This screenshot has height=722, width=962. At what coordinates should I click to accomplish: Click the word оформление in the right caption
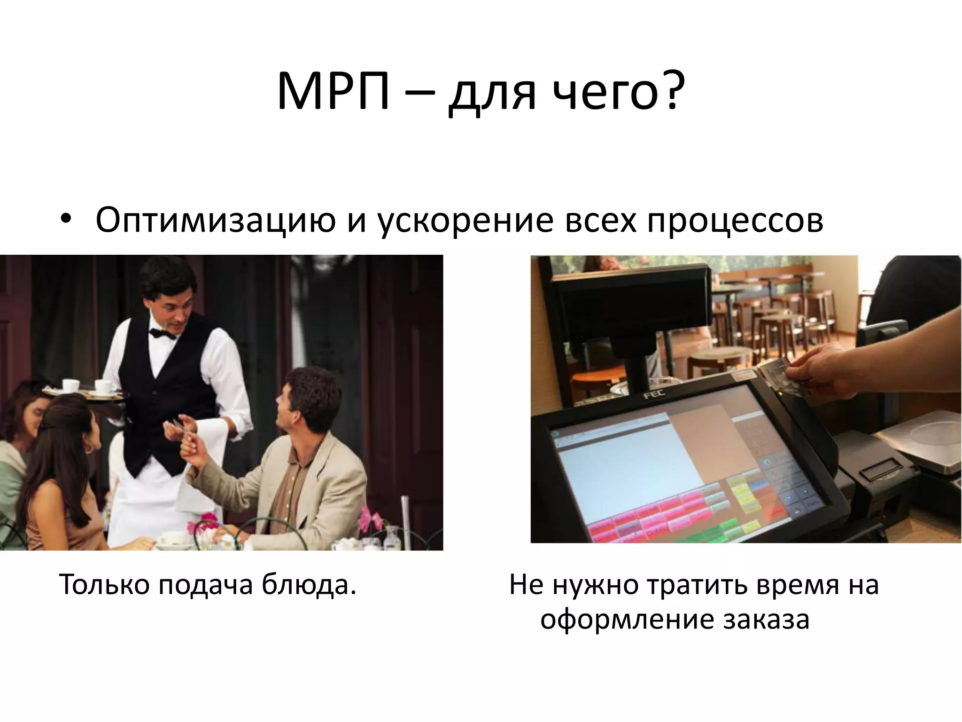click(625, 620)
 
